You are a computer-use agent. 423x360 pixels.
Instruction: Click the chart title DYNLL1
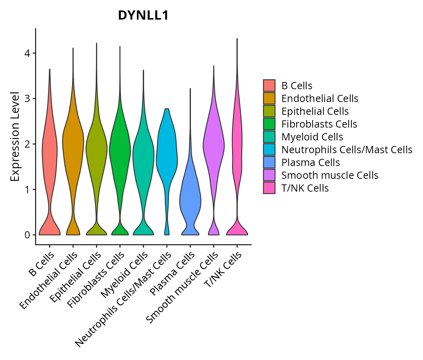click(143, 16)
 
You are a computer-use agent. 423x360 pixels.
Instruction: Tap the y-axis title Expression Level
click(15, 136)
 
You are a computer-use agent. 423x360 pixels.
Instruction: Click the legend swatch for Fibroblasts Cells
click(269, 124)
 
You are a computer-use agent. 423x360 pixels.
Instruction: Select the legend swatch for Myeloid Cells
click(269, 137)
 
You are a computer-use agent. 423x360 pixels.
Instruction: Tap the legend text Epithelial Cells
click(315, 111)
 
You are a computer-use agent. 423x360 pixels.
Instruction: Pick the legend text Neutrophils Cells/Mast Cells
click(347, 150)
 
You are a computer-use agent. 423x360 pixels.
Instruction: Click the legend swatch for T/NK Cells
click(269, 188)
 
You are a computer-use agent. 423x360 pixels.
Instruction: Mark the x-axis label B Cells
click(41, 265)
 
